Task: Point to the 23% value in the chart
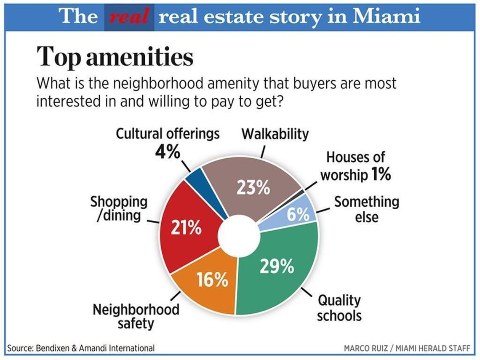[x=253, y=188]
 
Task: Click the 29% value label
[x=277, y=266]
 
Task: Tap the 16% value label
[x=212, y=280]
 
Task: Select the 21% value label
[x=186, y=228]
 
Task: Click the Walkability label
[x=275, y=134]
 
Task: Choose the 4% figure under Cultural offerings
[x=168, y=152]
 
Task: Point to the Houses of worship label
[x=356, y=166]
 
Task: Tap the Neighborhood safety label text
[x=136, y=317]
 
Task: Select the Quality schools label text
[x=339, y=308]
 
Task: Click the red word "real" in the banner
[x=129, y=16]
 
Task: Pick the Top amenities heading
[x=115, y=57]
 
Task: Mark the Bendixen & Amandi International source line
[x=81, y=348]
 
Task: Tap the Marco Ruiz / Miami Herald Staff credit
[x=407, y=349]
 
